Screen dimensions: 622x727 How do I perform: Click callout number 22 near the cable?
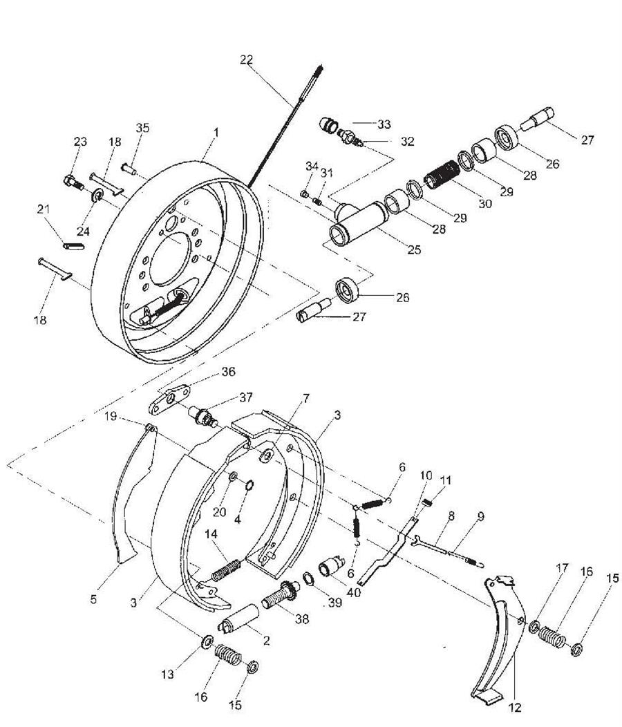coord(247,59)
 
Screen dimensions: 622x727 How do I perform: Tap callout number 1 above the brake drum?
coord(216,132)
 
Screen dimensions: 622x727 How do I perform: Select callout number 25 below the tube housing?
coord(414,249)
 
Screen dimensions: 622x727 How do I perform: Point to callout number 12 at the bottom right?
coord(516,707)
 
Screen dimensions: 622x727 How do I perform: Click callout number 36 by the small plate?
coord(229,371)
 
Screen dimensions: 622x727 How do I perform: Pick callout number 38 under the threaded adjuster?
coord(302,619)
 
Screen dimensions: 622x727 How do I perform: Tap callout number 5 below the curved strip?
coord(94,599)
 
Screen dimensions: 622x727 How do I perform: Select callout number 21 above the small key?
coord(43,209)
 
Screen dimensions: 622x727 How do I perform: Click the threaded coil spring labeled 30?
coord(442,174)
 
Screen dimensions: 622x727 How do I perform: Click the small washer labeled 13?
coord(207,643)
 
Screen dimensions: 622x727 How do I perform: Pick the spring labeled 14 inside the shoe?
coord(227,569)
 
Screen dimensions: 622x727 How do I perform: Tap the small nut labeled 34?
coord(304,193)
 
